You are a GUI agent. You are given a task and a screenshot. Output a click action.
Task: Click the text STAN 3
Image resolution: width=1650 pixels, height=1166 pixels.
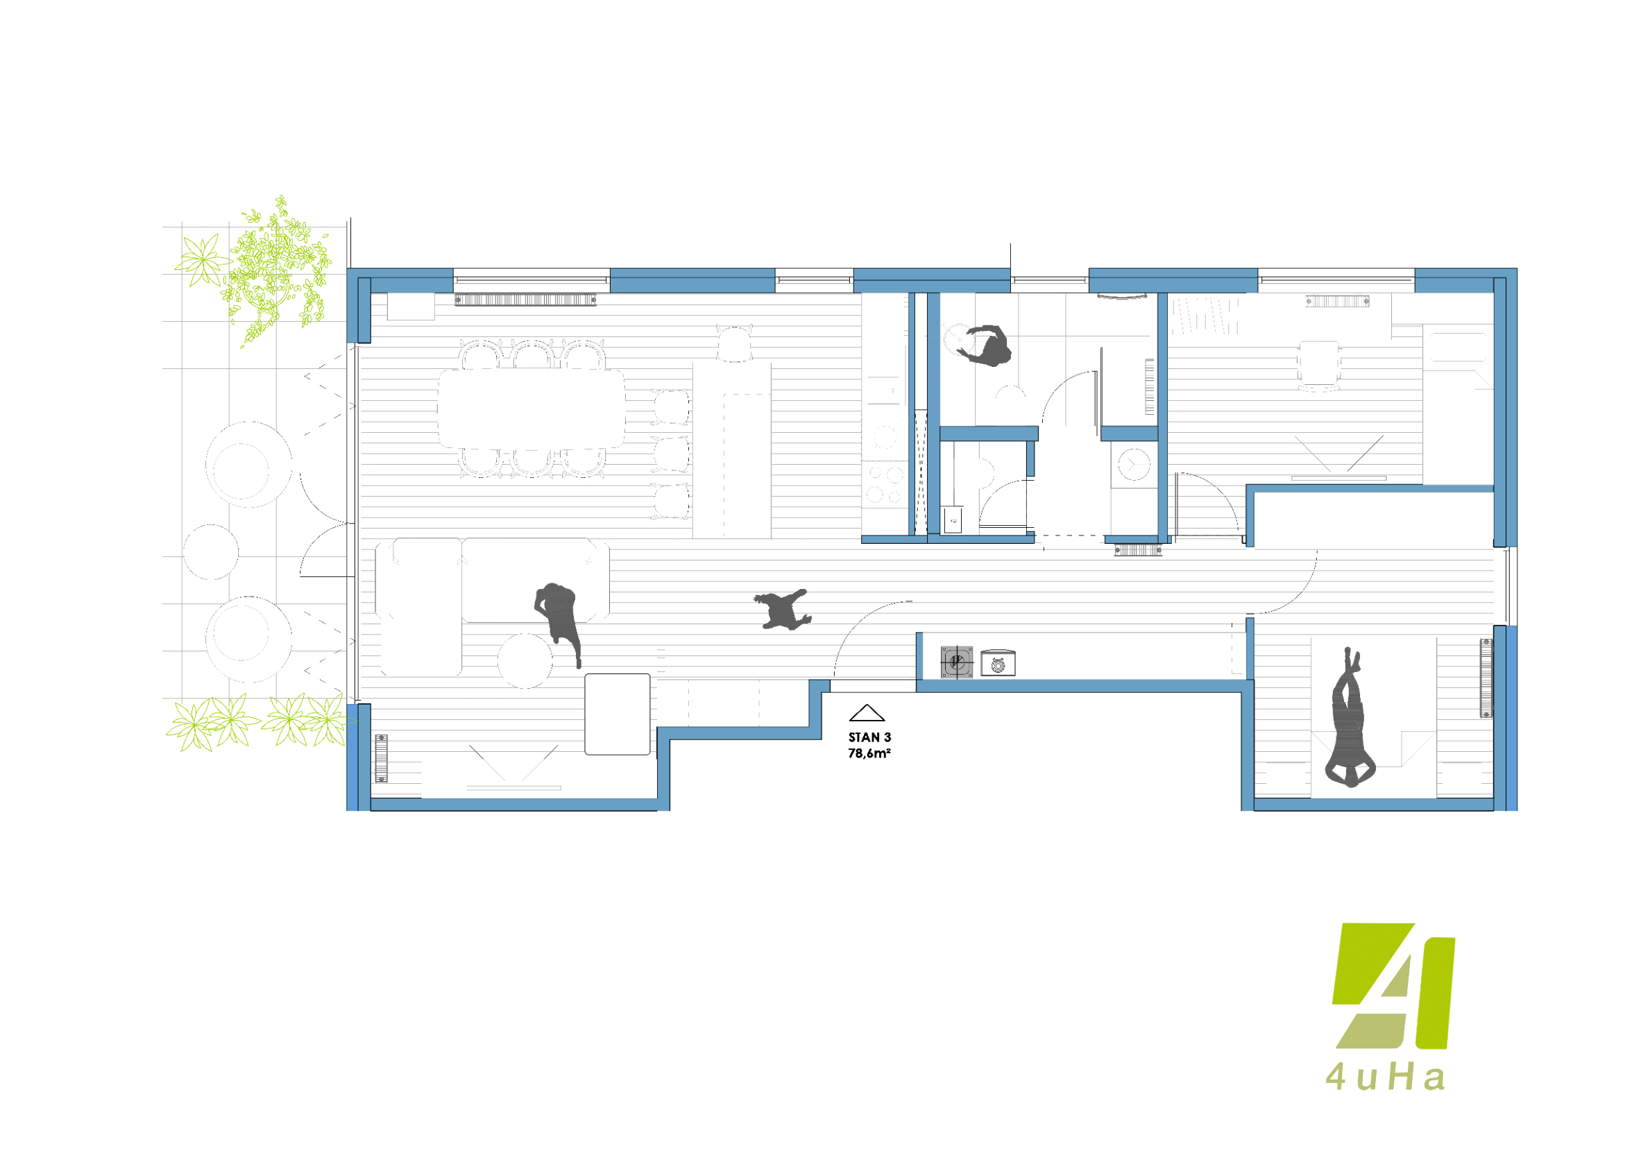tap(869, 737)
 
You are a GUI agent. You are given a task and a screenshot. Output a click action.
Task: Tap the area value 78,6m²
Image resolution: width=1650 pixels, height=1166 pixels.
tap(869, 753)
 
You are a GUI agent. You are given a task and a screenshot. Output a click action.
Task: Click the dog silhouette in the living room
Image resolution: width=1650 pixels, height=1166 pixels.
tap(783, 609)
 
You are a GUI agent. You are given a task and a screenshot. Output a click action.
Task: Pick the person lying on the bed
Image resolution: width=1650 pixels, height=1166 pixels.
tap(1350, 719)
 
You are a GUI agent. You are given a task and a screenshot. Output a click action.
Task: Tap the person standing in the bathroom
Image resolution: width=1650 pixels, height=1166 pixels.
tap(986, 345)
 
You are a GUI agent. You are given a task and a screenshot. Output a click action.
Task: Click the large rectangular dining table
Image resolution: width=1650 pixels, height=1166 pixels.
tap(531, 409)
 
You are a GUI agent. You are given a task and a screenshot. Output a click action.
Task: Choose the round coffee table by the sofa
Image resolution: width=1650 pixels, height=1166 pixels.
tap(525, 661)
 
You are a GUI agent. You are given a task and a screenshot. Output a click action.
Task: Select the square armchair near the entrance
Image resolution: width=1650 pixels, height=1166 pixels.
tap(618, 714)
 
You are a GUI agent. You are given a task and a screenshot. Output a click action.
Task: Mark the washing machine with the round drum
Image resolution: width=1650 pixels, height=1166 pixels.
tap(1133, 464)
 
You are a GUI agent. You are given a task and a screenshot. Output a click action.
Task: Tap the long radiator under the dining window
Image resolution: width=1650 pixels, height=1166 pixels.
tap(525, 300)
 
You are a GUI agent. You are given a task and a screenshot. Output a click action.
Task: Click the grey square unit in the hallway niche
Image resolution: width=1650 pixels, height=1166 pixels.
tap(958, 662)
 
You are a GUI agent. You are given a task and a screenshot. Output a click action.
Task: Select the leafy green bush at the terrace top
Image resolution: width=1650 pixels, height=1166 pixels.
tap(277, 272)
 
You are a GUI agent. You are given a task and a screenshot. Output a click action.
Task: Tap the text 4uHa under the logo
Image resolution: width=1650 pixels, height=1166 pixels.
tap(1385, 1097)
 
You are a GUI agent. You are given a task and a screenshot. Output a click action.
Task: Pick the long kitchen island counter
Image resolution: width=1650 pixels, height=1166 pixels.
tap(731, 449)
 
